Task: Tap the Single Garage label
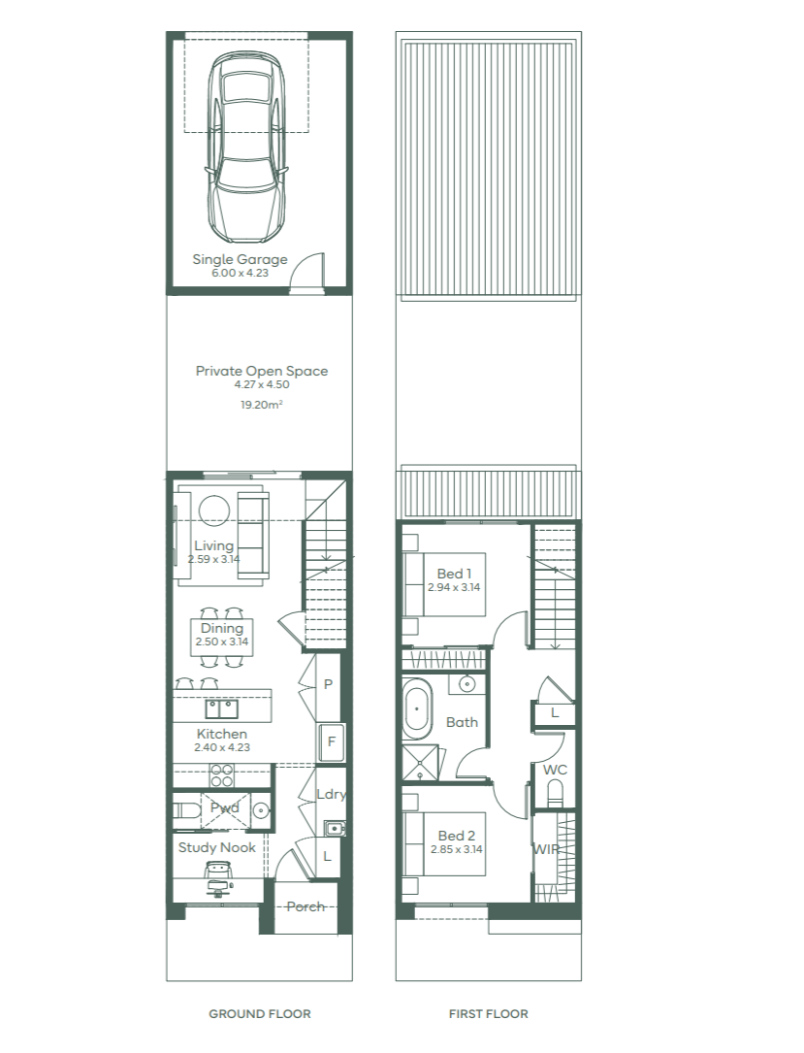(x=240, y=259)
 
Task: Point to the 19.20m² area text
(x=261, y=405)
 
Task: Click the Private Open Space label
(x=262, y=371)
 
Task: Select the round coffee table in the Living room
(x=214, y=511)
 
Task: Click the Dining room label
(x=221, y=629)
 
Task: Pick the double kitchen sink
(x=221, y=708)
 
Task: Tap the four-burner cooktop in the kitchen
(x=221, y=775)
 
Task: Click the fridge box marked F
(x=331, y=742)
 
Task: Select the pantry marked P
(x=328, y=685)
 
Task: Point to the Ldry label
(x=331, y=794)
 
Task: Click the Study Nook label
(x=217, y=847)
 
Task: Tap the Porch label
(x=306, y=906)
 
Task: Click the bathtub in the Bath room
(x=417, y=708)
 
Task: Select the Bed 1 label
(x=454, y=574)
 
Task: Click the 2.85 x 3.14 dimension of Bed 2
(x=457, y=849)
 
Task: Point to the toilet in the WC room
(x=556, y=796)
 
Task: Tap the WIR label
(x=546, y=849)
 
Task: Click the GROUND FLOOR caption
(x=260, y=1014)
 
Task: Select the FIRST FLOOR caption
(x=489, y=1014)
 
